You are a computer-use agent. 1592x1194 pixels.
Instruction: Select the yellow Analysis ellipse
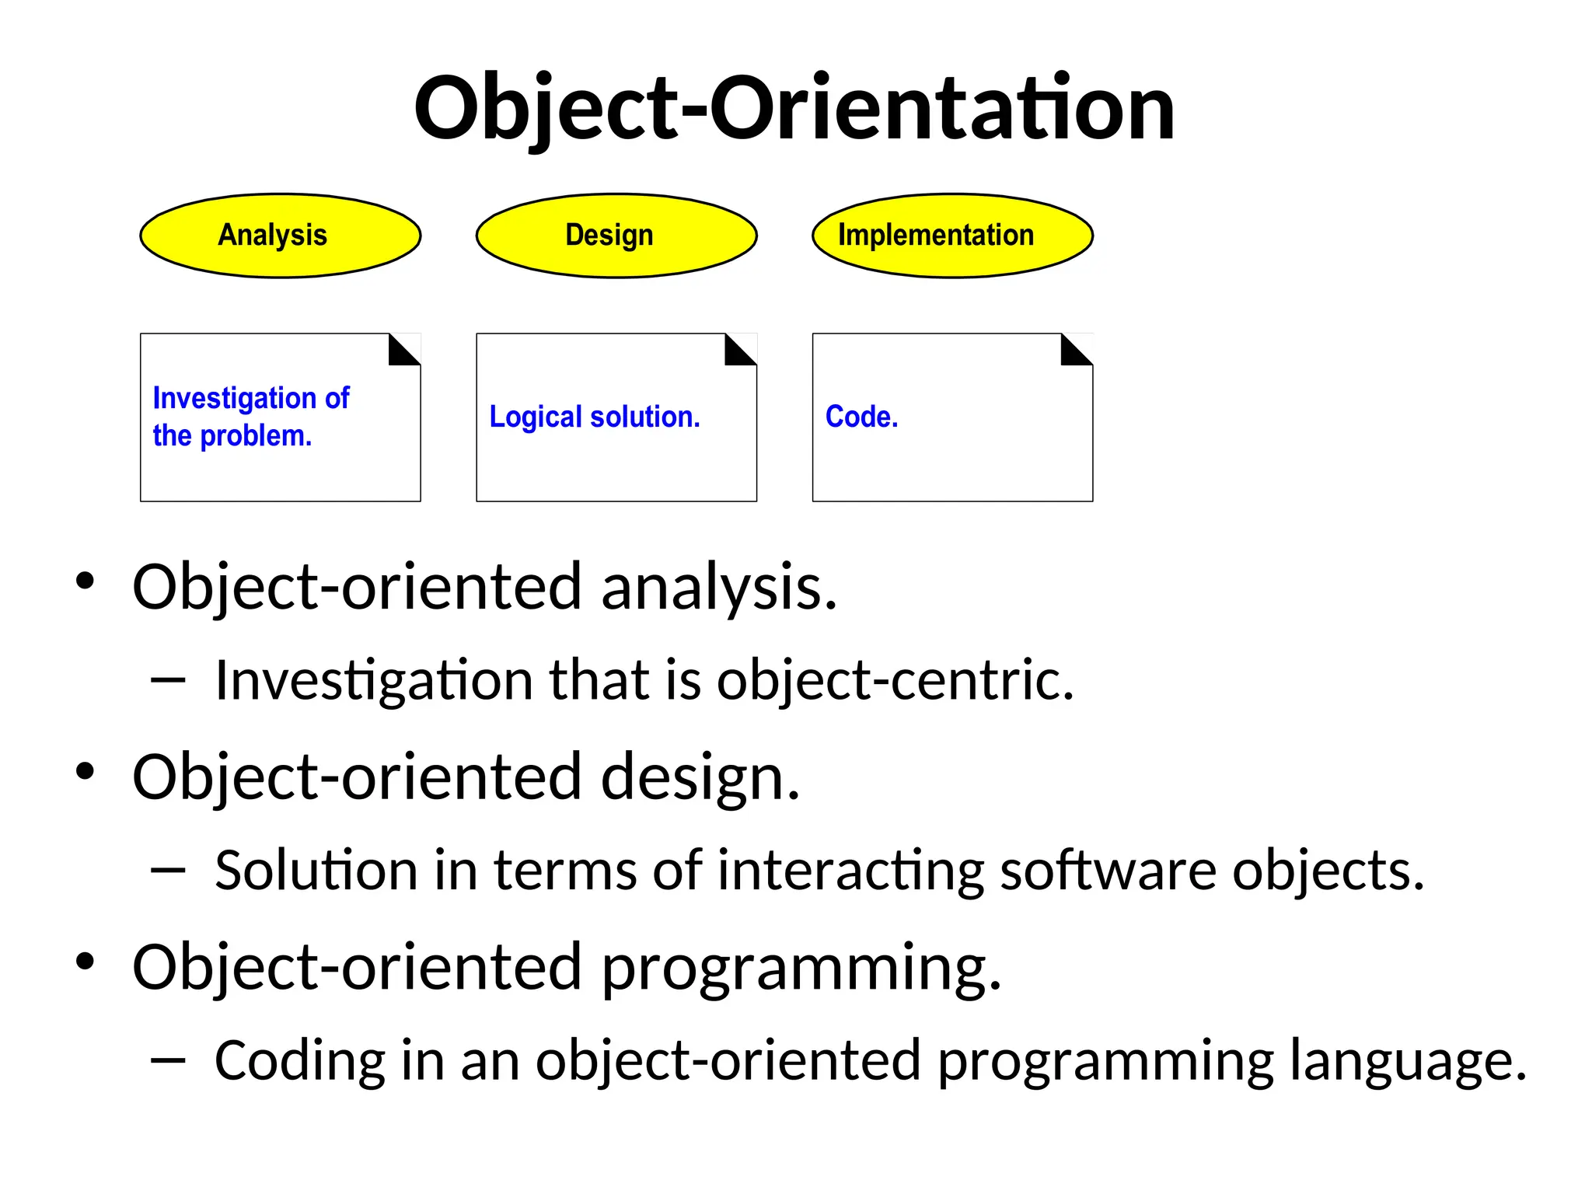tap(280, 236)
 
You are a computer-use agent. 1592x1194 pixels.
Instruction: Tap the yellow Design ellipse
tap(616, 236)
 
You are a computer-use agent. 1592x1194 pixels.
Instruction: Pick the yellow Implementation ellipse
tap(952, 236)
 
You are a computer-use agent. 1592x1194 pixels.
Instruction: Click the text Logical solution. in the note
tap(595, 417)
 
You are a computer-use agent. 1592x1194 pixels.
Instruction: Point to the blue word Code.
tap(861, 417)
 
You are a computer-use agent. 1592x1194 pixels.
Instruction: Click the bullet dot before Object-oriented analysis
tap(85, 581)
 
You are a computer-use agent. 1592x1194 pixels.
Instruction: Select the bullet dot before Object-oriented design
tap(85, 771)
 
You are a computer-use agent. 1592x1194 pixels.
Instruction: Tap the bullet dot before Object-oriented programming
tap(85, 962)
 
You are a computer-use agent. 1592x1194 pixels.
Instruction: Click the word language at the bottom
tap(1408, 1061)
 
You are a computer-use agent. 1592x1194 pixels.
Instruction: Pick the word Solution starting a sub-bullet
tap(316, 871)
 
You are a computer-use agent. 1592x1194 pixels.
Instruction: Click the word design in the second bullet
tap(700, 777)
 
